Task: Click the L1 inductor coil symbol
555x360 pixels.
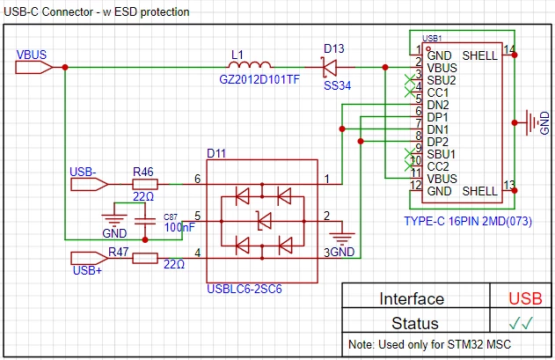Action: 250,64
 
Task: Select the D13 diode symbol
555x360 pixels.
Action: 330,67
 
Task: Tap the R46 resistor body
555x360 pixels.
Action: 145,184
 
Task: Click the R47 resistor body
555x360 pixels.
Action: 145,258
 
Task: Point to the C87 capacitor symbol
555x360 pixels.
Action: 145,222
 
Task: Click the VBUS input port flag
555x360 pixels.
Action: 34,67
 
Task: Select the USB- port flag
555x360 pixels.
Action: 89,184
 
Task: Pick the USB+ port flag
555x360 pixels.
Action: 89,258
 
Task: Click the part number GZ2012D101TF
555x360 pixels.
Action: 259,79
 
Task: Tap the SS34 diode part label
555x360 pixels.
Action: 338,85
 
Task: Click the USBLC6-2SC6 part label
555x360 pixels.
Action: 245,289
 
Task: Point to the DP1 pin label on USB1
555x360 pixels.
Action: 437,117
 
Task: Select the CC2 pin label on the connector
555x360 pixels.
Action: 438,166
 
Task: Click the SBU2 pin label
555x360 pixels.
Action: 442,80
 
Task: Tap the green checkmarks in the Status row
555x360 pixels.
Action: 521,323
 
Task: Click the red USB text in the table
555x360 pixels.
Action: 525,298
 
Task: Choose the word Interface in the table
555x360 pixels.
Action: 412,298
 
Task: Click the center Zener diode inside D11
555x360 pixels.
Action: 264,222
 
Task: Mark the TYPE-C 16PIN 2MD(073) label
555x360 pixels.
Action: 468,222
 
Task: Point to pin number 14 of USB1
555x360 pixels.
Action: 509,49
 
